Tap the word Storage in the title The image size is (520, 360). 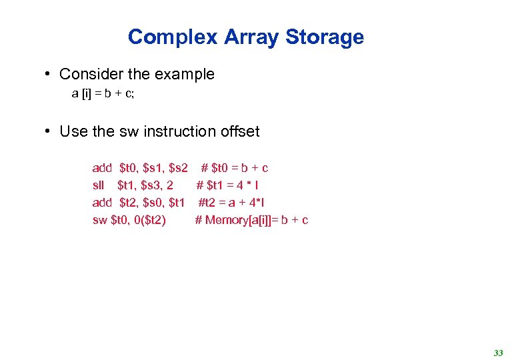pos(325,37)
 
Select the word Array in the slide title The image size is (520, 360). pos(252,37)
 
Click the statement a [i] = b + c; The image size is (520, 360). pos(103,94)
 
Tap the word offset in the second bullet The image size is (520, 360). pos(239,131)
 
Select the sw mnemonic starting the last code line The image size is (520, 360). pos(99,220)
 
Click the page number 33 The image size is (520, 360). pos(498,353)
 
